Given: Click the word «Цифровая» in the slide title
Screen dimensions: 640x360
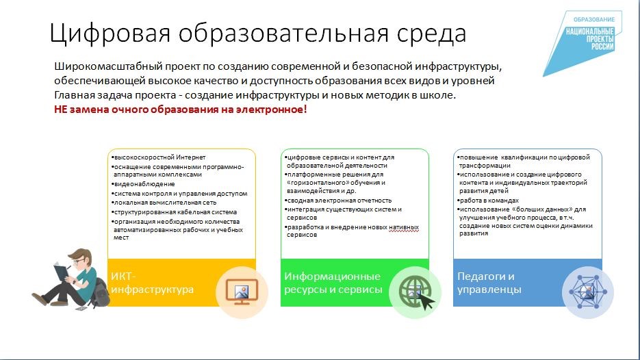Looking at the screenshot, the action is pyautogui.click(x=110, y=33).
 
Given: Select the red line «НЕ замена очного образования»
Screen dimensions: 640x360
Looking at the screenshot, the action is pyautogui.click(x=181, y=110).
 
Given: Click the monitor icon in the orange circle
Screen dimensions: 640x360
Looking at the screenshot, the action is pyautogui.click(x=242, y=292).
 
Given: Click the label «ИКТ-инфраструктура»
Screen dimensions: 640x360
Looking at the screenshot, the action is pyautogui.click(x=152, y=283).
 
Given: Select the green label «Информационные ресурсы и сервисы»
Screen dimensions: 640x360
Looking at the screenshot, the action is pyautogui.click(x=333, y=283).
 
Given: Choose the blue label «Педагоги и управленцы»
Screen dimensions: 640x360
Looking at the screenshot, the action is pyautogui.click(x=489, y=283).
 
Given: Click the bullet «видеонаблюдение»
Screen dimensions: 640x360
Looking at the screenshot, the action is pyautogui.click(x=143, y=184).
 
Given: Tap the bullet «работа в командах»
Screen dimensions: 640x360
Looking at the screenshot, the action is pyautogui.click(x=488, y=201).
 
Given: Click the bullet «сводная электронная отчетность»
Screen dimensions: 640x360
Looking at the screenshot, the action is pyautogui.click(x=338, y=201).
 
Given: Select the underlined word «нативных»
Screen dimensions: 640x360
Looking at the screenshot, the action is pyautogui.click(x=404, y=227).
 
